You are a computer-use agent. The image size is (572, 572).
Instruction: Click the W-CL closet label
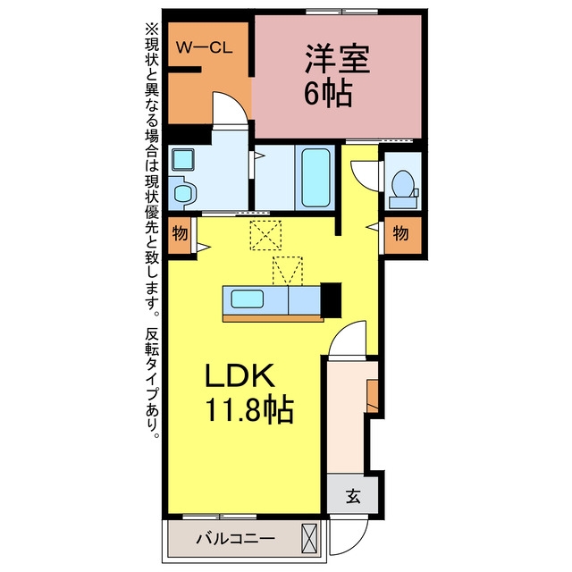(205, 47)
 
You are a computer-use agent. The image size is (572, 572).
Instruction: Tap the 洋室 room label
(338, 59)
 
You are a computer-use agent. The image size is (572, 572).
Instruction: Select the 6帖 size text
(328, 93)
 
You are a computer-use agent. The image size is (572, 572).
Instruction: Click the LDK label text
(240, 375)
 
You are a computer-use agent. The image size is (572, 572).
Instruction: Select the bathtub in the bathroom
(315, 177)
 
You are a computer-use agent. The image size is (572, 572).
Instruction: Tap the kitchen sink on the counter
(248, 299)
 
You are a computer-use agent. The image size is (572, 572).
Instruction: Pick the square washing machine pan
(182, 159)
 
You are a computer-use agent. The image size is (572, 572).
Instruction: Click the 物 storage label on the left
(180, 232)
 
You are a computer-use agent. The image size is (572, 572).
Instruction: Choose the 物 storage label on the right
(400, 232)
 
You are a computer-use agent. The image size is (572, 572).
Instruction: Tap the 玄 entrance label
(353, 496)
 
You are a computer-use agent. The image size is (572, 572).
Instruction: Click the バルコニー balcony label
(236, 538)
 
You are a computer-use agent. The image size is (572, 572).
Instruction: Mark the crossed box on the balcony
(309, 538)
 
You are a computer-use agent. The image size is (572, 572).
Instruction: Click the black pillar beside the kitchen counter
(332, 300)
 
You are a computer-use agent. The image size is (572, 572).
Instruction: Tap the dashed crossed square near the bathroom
(265, 235)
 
